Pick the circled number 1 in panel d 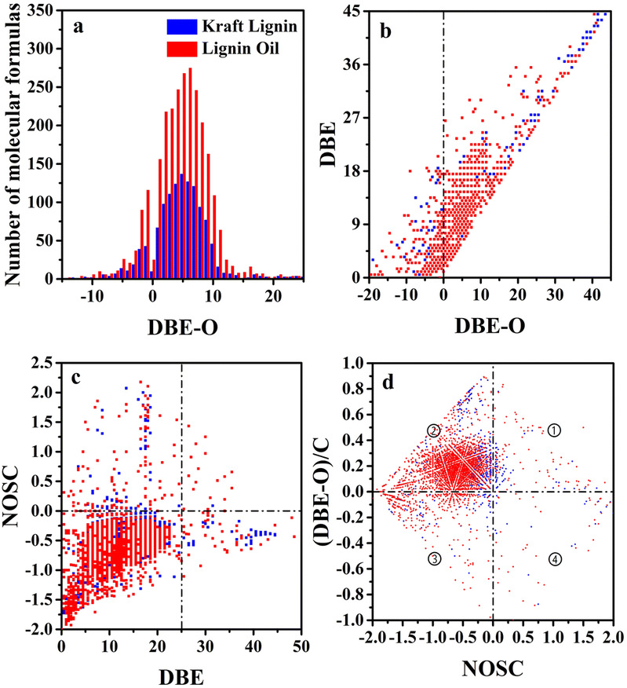click(554, 430)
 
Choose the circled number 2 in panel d click(433, 430)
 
